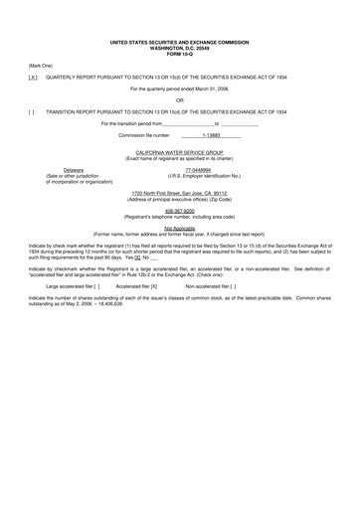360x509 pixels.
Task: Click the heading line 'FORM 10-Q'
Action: point(179,53)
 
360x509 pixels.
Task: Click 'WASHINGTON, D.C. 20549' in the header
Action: point(179,48)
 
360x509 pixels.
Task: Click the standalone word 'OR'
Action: point(179,99)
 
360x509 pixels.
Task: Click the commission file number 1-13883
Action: point(211,135)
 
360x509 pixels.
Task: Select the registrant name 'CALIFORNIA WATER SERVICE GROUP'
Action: point(179,151)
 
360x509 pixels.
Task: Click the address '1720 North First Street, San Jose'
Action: point(179,193)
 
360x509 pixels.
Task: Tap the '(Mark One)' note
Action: point(42,64)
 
